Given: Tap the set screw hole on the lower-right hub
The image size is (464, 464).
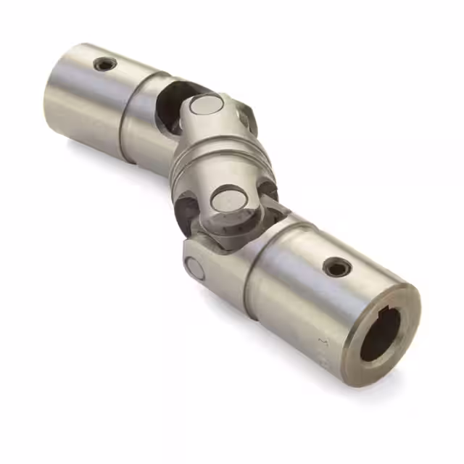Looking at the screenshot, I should [x=337, y=267].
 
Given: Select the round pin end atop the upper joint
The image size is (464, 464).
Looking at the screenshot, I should [x=204, y=106].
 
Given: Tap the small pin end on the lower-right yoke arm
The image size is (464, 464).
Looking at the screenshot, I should [x=194, y=268].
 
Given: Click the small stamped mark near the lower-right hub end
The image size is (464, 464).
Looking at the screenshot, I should [x=323, y=341].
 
